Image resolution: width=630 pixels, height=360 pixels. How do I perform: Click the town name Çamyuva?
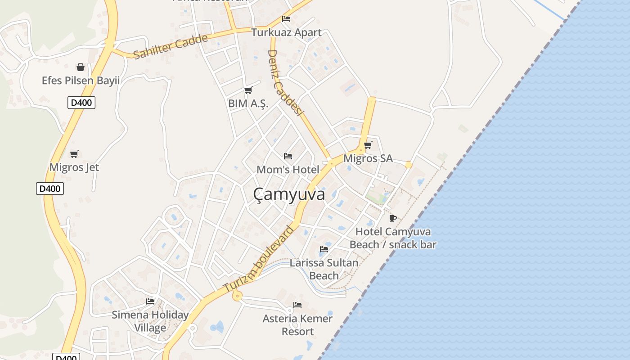click(289, 194)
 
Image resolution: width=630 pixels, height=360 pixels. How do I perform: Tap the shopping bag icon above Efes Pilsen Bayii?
click(81, 67)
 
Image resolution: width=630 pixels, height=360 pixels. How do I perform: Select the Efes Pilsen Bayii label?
click(81, 81)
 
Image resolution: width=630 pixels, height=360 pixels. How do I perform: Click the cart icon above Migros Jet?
click(74, 154)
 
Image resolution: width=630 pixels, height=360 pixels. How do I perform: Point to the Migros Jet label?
click(74, 167)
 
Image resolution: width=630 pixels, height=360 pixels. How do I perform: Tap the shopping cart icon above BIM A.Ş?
click(248, 90)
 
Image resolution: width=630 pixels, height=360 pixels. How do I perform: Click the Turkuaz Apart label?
click(286, 32)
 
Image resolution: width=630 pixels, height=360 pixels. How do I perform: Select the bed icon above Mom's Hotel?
click(288, 156)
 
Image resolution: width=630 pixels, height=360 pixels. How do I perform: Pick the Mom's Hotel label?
click(288, 170)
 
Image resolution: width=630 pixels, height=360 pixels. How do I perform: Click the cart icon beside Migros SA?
click(368, 145)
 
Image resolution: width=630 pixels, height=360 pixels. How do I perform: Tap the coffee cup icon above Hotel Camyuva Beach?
click(393, 219)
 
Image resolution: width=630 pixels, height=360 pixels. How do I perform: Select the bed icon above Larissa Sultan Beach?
click(324, 249)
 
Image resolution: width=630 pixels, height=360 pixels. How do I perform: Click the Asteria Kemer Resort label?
click(297, 325)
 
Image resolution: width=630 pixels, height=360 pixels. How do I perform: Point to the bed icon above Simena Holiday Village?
click(150, 301)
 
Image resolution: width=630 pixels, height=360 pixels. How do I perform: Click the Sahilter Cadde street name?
click(171, 46)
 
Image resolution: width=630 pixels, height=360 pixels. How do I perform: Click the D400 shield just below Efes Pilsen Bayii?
click(81, 103)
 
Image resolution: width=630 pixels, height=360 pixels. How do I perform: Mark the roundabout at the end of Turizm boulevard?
click(237, 296)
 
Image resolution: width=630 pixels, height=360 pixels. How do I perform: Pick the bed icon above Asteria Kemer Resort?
click(297, 305)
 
